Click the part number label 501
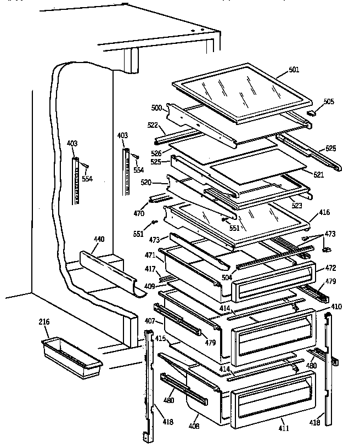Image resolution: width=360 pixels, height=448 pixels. point(294,70)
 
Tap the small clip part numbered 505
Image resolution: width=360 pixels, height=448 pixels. point(313,113)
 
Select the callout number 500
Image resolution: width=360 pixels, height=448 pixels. point(156,107)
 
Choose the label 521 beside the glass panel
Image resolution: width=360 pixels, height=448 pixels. point(318,174)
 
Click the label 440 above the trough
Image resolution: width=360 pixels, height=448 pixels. point(99,240)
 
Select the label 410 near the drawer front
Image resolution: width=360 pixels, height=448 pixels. point(336,306)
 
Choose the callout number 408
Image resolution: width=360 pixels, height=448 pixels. point(194,426)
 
